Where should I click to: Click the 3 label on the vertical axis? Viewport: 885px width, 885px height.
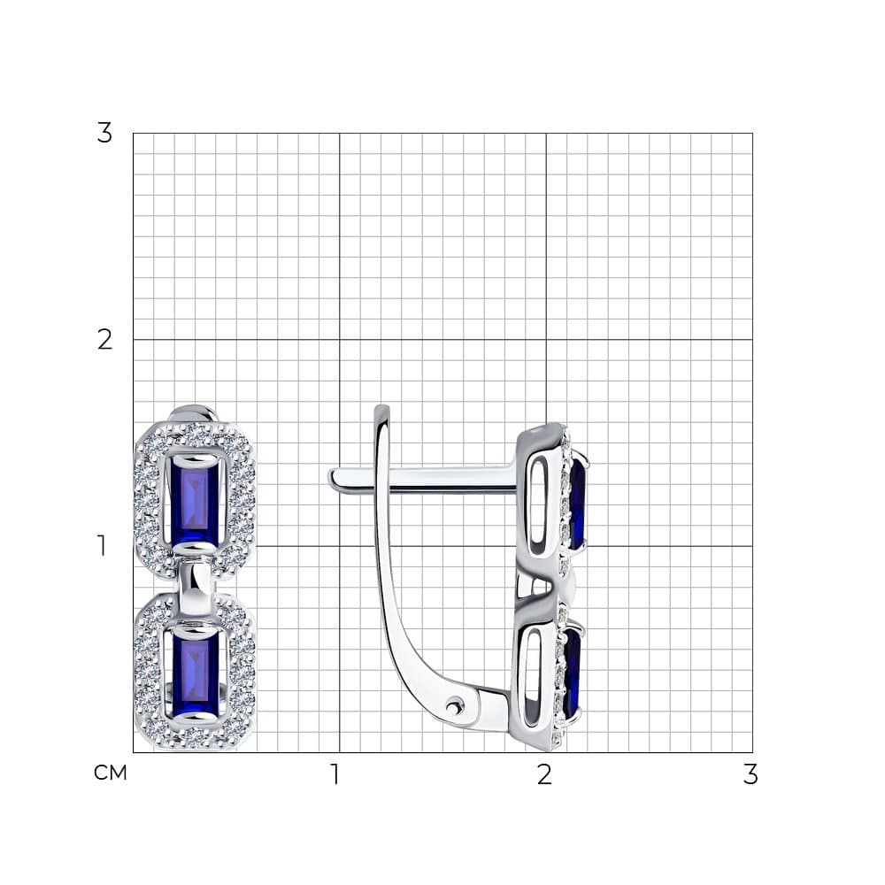tap(104, 134)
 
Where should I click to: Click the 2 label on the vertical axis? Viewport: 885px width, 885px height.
tap(104, 340)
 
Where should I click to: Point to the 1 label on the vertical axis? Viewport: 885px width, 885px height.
tap(102, 545)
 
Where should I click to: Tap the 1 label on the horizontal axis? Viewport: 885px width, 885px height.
tap(335, 774)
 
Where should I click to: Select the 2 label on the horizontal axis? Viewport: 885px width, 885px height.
tap(544, 774)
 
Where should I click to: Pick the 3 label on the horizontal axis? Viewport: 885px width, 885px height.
tap(750, 774)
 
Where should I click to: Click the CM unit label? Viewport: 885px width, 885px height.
tap(111, 773)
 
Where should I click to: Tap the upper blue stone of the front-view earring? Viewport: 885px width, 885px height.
tap(195, 500)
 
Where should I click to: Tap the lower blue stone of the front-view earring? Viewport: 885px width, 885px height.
tap(195, 673)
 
